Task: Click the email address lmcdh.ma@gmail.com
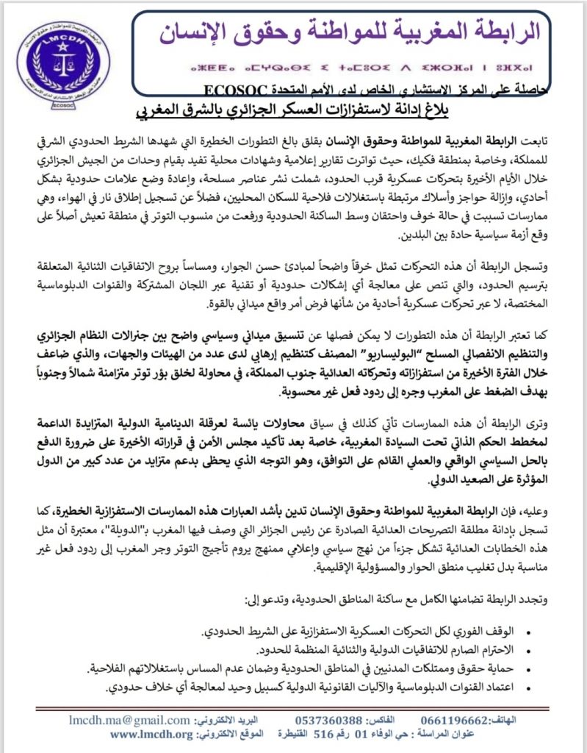point(130,720)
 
